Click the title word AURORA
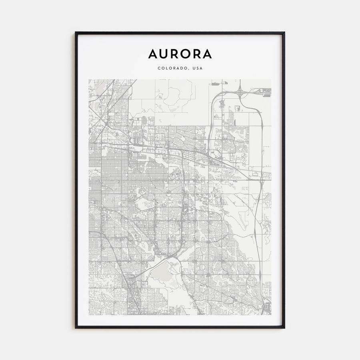pos(180,54)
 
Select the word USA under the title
pos(198,68)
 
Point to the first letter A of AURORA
pos(153,54)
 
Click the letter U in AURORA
pos(164,54)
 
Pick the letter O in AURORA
pos(185,54)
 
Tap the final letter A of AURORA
pos(207,54)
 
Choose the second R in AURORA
pos(196,54)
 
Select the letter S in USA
pos(198,68)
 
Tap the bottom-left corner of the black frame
pos(76,328)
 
